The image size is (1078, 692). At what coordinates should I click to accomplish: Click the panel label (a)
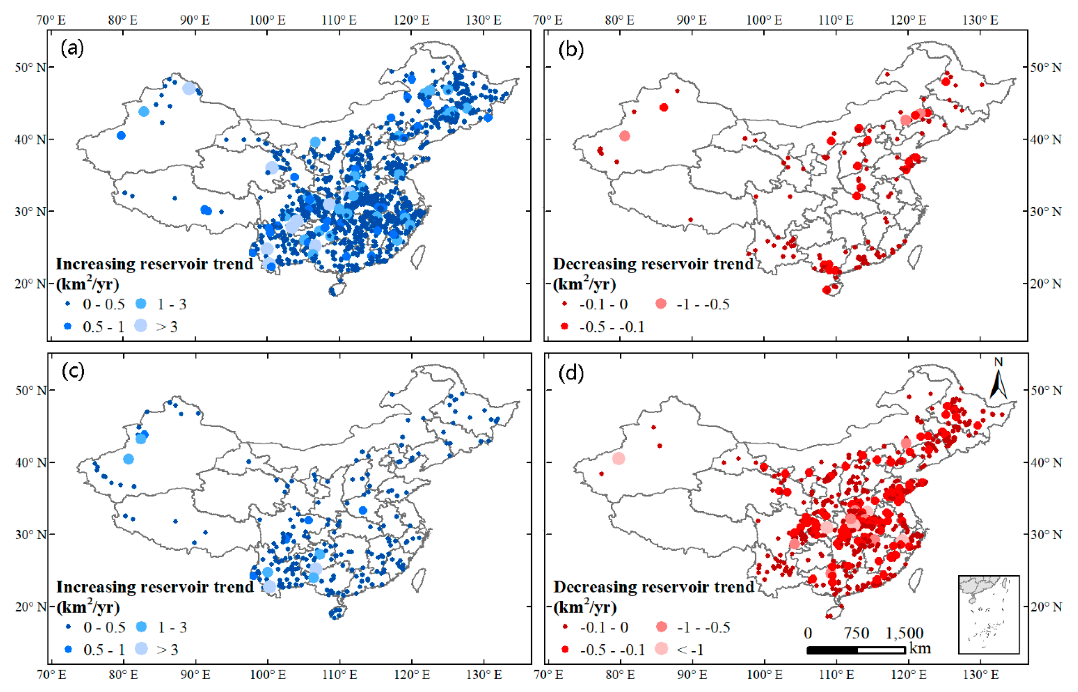coord(72,48)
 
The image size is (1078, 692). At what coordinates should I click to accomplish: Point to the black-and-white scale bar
coord(856,650)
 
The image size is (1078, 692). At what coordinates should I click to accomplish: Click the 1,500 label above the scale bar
coord(904,633)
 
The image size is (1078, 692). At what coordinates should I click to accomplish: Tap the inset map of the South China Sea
coord(988,614)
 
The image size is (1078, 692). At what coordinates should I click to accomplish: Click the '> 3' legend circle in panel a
coord(141,326)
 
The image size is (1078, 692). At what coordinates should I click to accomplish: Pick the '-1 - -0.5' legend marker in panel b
coord(661,304)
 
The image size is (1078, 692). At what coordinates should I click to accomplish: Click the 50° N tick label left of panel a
coord(30,67)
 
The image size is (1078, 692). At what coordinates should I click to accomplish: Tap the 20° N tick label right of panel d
coord(1046,606)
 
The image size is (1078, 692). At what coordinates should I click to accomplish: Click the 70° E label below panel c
coord(51,675)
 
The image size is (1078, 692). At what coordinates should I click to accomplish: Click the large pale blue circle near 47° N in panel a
coord(189,89)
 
